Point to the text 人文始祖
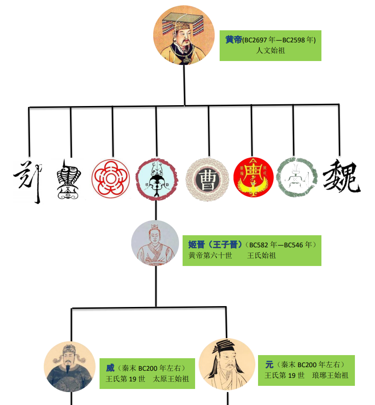(271, 50)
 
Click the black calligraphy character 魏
(342, 177)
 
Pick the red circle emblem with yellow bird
(253, 178)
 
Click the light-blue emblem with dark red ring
(156, 178)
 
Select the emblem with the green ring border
(296, 178)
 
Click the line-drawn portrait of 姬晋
(155, 243)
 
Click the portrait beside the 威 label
(69, 367)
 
